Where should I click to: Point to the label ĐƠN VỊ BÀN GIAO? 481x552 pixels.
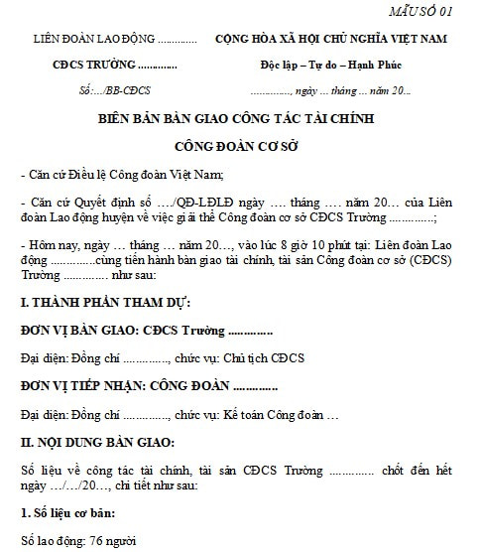78,330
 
